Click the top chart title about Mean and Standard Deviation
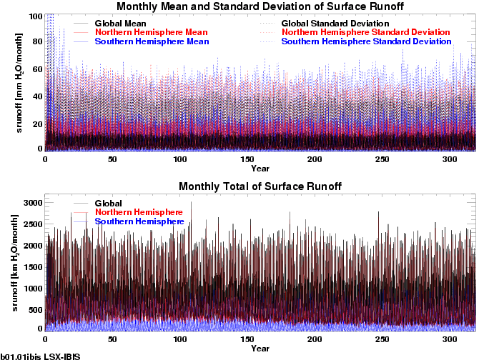260,7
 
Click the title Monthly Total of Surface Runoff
260,186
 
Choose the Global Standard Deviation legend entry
341,24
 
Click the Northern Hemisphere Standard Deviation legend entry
366,33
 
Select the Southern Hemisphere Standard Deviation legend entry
367,41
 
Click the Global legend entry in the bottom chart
108,204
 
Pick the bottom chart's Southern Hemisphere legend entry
139,221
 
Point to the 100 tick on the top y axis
34,16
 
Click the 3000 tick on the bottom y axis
31,203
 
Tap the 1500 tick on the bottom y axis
31,266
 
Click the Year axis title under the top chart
260,169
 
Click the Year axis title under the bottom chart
260,349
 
